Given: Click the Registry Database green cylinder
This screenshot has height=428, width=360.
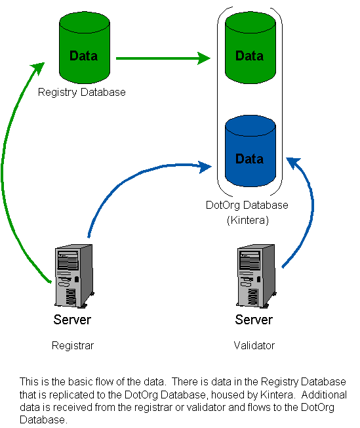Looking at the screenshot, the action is [x=85, y=47].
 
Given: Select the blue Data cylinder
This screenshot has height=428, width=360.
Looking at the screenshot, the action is [x=250, y=151].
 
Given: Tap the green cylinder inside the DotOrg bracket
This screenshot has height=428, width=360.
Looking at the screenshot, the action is [x=250, y=47].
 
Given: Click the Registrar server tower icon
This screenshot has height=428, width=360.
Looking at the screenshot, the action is [x=74, y=276].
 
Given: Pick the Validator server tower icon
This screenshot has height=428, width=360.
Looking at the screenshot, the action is [x=256, y=276].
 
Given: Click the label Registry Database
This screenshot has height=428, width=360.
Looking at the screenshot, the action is [x=82, y=93].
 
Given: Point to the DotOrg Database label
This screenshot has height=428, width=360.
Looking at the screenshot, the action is [x=247, y=205].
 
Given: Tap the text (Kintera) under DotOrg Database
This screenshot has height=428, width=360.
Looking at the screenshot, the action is [x=248, y=220].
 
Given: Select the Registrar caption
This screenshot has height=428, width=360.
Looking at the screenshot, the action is [x=73, y=346].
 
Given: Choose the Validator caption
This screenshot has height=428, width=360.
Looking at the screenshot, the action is [x=254, y=345].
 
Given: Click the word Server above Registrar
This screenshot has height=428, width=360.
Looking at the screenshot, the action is [x=72, y=320].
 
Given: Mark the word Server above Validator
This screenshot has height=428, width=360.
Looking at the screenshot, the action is [x=254, y=320].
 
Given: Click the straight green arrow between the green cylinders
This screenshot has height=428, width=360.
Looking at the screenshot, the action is [x=163, y=58].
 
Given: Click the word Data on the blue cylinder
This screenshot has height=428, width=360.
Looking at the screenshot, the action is [x=250, y=159].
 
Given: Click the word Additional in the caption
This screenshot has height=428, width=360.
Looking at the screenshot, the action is [x=324, y=395].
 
